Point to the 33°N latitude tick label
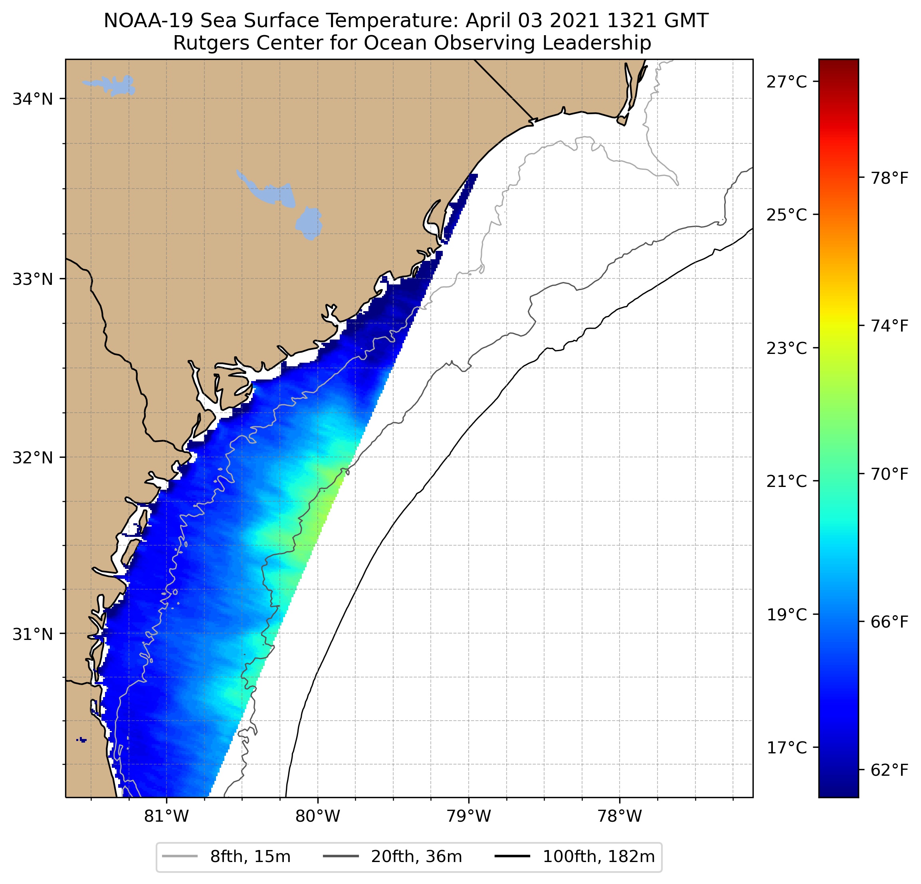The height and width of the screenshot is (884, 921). (32, 279)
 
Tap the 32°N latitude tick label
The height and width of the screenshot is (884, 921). (32, 457)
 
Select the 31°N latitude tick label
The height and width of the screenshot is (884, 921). (32, 634)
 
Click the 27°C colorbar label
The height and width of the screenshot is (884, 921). (786, 82)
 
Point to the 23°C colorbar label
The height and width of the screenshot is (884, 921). (786, 348)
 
